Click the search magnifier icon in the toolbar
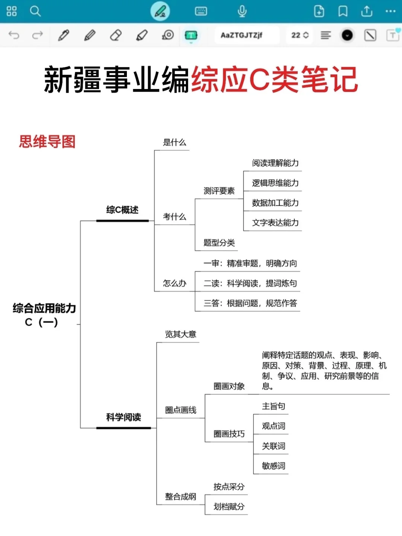pyautogui.click(x=35, y=11)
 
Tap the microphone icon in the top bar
pyautogui.click(x=242, y=11)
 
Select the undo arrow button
pyautogui.click(x=14, y=35)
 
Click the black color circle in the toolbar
pyautogui.click(x=347, y=35)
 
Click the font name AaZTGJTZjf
pyautogui.click(x=242, y=35)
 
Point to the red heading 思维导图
pyautogui.click(x=47, y=142)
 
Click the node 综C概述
pyautogui.click(x=122, y=210)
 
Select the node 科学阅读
pyautogui.click(x=123, y=417)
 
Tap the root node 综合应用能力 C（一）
pyautogui.click(x=44, y=315)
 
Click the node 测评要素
pyautogui.click(x=219, y=191)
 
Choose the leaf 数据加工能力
pyautogui.click(x=275, y=203)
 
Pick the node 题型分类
pyautogui.click(x=219, y=243)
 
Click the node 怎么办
pyautogui.click(x=174, y=283)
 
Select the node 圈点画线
pyautogui.click(x=181, y=410)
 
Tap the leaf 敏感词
pyautogui.click(x=273, y=466)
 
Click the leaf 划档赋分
pyautogui.click(x=229, y=507)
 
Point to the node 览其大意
pyautogui.click(x=181, y=334)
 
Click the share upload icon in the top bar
pyautogui.click(x=367, y=11)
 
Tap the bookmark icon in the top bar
pyautogui.click(x=343, y=11)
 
